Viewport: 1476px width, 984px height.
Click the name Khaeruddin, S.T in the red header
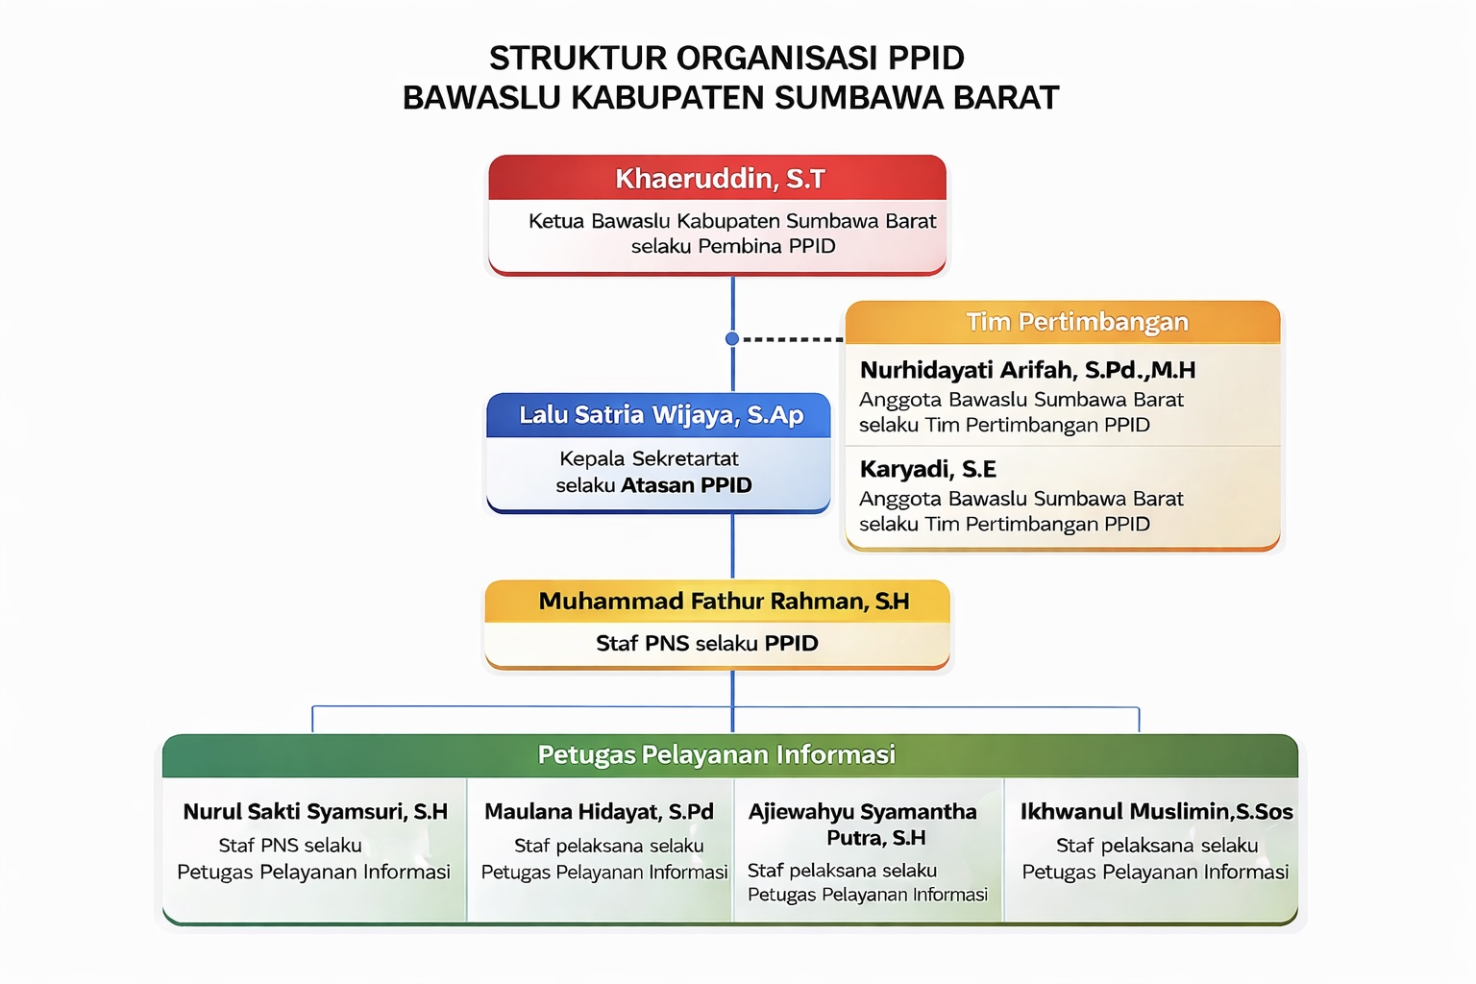click(720, 179)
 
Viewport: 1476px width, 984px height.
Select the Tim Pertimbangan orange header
click(1063, 322)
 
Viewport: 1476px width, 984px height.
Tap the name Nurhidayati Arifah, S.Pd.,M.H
click(1027, 370)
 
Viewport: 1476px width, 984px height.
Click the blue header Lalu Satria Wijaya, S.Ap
click(658, 415)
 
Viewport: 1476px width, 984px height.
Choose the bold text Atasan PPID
click(686, 485)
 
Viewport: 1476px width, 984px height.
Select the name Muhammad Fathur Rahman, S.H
click(724, 602)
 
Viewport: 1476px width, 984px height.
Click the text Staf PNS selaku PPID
click(707, 643)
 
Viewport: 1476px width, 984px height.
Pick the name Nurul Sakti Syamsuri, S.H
click(315, 811)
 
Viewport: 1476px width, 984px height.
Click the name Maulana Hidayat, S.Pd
click(599, 811)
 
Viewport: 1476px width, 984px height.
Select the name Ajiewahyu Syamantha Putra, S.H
click(863, 824)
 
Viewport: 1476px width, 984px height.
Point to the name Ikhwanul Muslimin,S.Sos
click(1156, 811)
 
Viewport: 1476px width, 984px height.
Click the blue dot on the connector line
click(732, 339)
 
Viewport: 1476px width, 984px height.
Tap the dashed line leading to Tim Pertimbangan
click(794, 339)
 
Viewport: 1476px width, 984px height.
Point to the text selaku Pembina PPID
click(733, 246)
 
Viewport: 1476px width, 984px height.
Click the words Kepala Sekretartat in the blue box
click(649, 458)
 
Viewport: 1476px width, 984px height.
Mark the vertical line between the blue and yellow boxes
click(733, 547)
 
